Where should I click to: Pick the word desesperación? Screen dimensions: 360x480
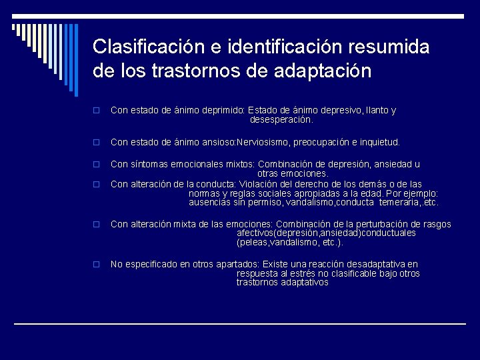281,120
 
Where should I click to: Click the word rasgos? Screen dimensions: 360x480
437,224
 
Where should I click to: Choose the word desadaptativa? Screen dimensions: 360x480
371,265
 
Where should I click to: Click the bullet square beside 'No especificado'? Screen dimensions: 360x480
97,265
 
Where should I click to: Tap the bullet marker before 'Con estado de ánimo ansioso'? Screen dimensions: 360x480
97,143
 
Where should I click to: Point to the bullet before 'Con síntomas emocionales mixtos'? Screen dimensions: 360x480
97,165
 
